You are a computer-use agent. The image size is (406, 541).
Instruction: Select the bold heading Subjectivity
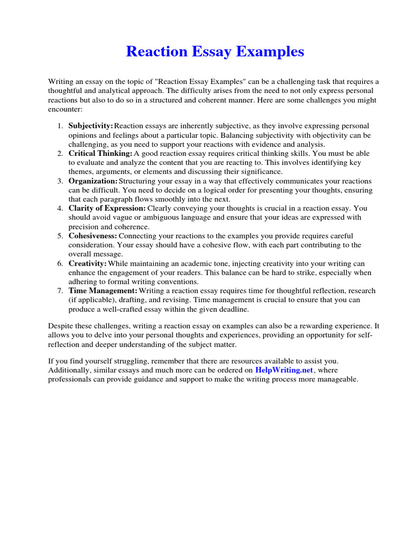point(90,126)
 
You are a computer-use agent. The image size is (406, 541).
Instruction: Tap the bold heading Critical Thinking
point(100,153)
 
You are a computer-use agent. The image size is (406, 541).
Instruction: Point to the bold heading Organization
point(93,181)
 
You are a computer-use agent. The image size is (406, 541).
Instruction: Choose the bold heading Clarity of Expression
point(107,208)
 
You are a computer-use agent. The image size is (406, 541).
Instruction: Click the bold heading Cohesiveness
point(93,236)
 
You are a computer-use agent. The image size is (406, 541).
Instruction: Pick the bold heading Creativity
point(87,263)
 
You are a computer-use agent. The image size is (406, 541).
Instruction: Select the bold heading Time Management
point(103,291)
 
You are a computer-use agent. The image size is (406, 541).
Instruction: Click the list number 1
point(60,126)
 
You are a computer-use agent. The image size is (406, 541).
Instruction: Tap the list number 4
point(60,208)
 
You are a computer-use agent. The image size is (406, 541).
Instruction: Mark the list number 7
point(60,291)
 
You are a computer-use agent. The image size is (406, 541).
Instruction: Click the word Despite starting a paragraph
point(61,327)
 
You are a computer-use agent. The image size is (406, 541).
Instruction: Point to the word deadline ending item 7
point(233,309)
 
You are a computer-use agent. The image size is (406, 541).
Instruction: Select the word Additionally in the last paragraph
point(69,370)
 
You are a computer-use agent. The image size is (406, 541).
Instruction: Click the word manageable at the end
point(338,379)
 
